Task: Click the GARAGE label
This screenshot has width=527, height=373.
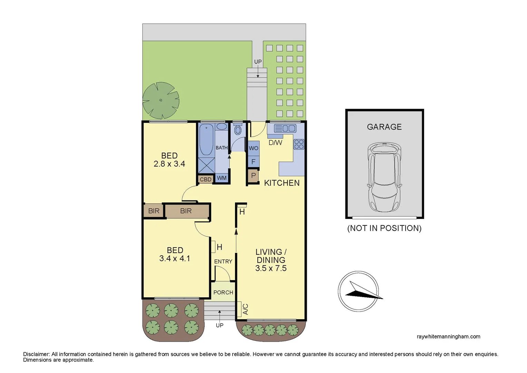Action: click(x=384, y=127)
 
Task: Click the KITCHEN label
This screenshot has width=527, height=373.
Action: click(x=282, y=183)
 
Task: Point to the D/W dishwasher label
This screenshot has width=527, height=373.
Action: click(x=275, y=143)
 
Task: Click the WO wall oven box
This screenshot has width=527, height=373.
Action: click(x=253, y=148)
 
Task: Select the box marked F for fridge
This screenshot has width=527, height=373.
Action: click(x=253, y=161)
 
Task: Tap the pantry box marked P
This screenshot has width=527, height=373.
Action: click(x=253, y=176)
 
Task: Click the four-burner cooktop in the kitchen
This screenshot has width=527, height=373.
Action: click(x=299, y=144)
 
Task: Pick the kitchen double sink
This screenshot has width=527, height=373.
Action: click(x=285, y=128)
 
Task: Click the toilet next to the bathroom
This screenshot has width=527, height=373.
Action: click(x=237, y=130)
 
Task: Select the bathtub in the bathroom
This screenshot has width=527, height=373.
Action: click(x=206, y=140)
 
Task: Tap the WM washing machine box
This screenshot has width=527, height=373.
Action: click(x=222, y=178)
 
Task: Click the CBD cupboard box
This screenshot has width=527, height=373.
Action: click(x=205, y=180)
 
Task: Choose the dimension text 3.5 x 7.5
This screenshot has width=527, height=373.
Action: click(x=271, y=268)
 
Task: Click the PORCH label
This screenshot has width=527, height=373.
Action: click(x=223, y=293)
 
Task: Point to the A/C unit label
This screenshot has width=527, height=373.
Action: click(x=245, y=309)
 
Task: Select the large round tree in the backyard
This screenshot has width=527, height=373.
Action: click(x=161, y=100)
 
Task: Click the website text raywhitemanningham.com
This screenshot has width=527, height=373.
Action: click(x=448, y=336)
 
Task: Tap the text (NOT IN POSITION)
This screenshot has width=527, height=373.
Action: click(x=384, y=228)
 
